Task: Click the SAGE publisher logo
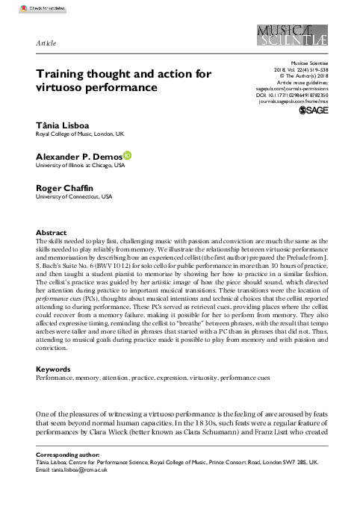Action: [313, 110]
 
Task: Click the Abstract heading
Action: [51, 233]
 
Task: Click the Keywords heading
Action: [54, 369]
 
